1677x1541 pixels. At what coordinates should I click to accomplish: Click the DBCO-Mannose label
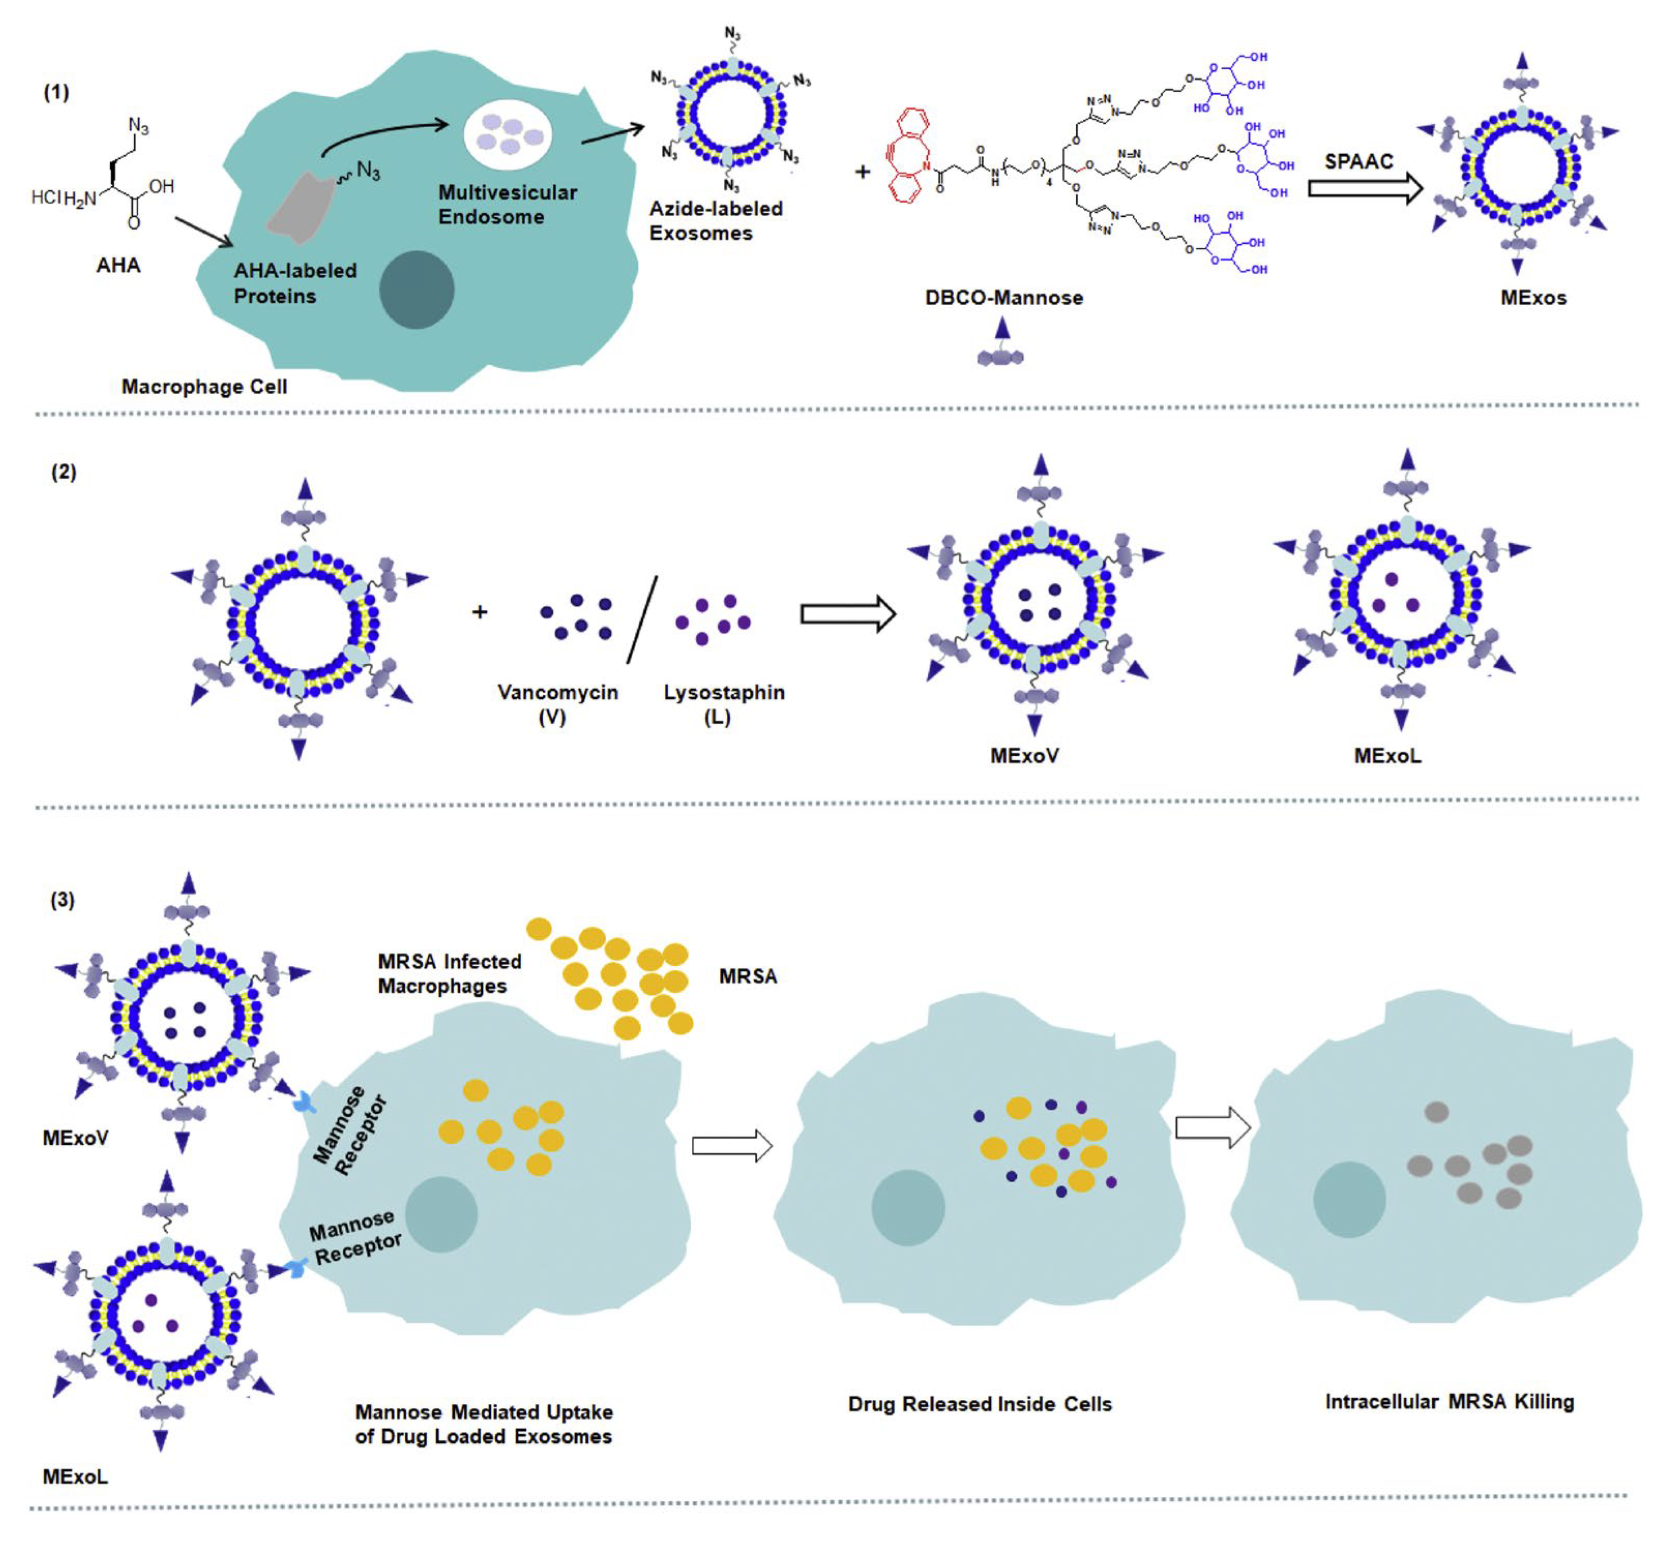point(1003,297)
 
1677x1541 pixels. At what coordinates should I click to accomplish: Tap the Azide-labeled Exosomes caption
point(716,221)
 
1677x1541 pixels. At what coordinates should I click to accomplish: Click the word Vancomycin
point(558,692)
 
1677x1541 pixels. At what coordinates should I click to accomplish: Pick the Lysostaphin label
point(724,692)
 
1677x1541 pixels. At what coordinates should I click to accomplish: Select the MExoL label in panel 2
point(1387,755)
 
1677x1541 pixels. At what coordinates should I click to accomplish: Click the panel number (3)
point(63,900)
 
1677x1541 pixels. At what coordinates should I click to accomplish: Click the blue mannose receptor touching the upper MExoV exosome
point(304,1104)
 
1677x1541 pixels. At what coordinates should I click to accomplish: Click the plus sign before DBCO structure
point(862,172)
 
